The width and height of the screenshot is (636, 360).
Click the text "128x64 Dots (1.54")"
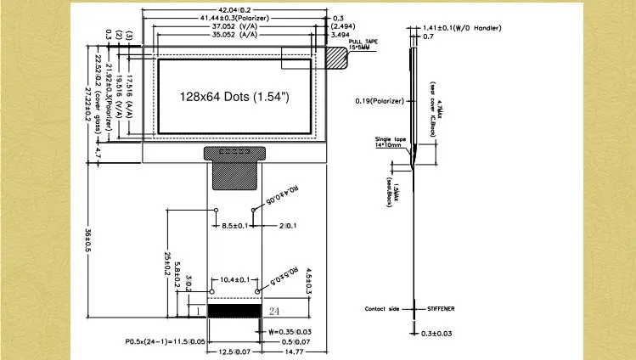click(234, 97)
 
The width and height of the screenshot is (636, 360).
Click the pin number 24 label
click(273, 312)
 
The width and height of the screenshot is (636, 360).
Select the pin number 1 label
click(197, 312)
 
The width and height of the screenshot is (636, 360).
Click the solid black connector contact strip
click(234, 312)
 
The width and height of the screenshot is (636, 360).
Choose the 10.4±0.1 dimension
click(234, 279)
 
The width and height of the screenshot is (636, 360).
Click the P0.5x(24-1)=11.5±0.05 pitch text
click(165, 341)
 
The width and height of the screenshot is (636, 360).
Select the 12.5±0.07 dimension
click(234, 351)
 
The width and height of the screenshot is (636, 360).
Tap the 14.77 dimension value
click(292, 351)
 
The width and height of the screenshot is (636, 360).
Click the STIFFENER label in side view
click(440, 309)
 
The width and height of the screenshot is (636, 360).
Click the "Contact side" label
click(381, 309)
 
